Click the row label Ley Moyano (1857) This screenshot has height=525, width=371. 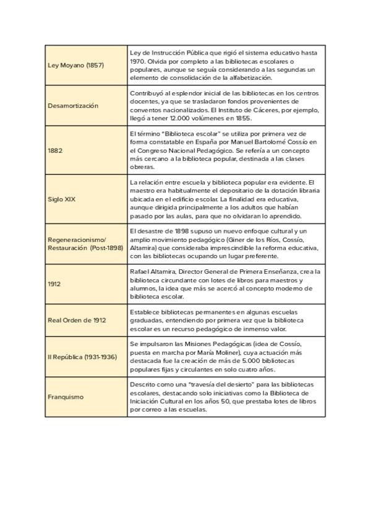pos(75,65)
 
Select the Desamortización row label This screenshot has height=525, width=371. pos(73,105)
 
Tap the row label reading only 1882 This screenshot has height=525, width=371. pos(54,150)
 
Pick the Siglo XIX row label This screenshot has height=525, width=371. pos(61,199)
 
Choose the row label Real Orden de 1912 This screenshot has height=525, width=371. pos(77,320)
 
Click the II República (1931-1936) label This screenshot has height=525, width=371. pos(82,357)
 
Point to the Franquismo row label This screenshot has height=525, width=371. pos(66,397)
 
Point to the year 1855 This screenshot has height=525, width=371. pos(242,118)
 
